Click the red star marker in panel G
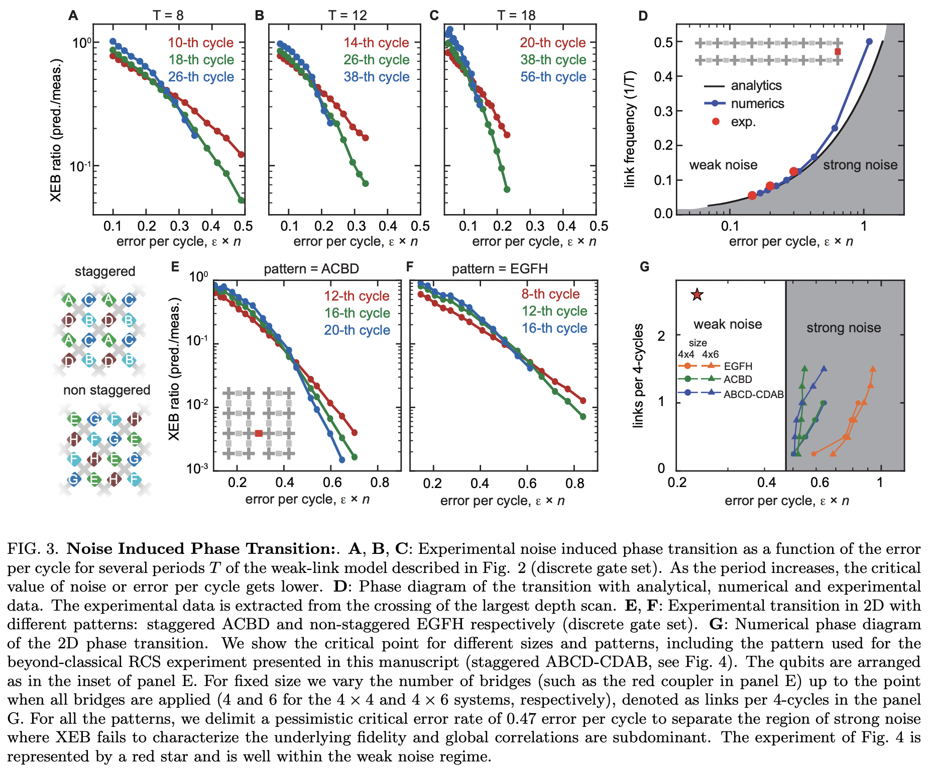[697, 295]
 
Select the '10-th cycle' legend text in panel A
[200, 43]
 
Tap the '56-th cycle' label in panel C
[553, 77]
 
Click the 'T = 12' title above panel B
[347, 16]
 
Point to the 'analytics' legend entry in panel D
[756, 85]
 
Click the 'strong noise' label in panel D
[860, 165]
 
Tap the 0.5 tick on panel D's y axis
[663, 42]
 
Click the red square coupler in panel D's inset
[838, 52]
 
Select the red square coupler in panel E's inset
[259, 433]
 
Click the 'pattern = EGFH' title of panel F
[499, 269]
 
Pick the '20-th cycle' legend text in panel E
[357, 330]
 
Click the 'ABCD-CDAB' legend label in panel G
[753, 395]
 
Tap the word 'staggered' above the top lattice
[105, 271]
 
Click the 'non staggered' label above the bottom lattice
[106, 390]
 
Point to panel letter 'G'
[644, 267]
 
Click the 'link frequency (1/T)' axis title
[630, 129]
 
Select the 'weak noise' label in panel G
[728, 324]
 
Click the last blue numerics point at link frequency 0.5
[869, 42]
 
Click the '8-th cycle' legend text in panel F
[550, 294]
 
